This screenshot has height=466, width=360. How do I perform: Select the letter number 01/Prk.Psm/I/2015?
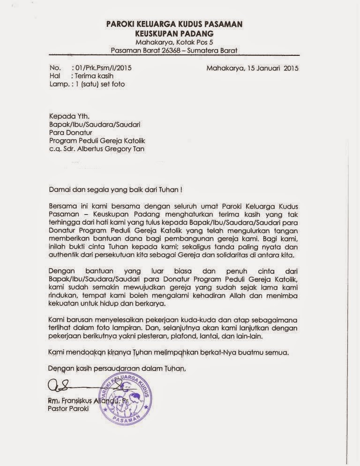click(103, 68)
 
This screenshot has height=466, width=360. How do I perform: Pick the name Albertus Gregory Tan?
click(112, 150)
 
